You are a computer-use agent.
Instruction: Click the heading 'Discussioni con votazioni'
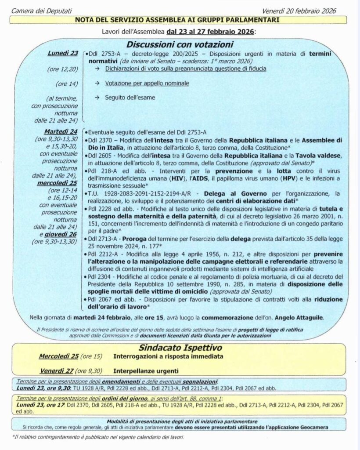[180, 44]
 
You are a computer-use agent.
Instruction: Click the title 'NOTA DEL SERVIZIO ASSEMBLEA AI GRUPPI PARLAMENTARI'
[180, 20]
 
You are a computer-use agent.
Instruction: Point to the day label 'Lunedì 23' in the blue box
[63, 54]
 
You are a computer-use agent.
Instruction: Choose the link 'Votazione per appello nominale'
[147, 83]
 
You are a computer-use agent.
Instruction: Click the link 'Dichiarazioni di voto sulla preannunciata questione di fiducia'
[186, 69]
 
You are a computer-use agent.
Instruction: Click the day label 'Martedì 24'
[61, 131]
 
